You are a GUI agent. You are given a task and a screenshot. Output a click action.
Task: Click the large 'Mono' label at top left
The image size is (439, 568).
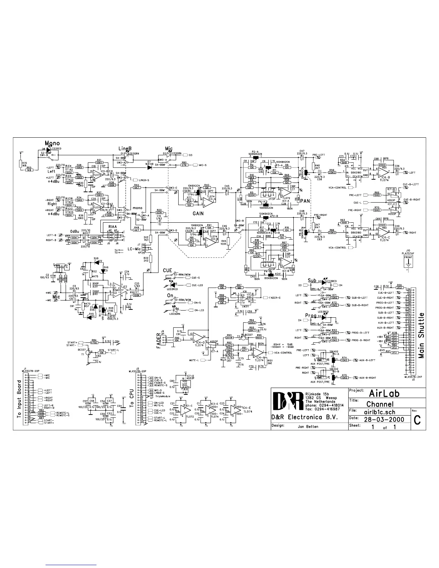pos(52,143)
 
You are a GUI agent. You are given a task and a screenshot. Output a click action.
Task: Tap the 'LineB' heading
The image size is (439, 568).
pos(126,148)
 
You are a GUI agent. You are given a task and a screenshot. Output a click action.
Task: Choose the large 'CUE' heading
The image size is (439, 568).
pos(167,270)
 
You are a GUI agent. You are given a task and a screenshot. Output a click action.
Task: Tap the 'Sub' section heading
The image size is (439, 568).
pos(312,280)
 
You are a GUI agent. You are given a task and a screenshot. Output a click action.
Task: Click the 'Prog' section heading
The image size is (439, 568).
pos(311,316)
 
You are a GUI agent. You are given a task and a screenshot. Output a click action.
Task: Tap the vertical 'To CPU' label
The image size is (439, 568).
pos(132,397)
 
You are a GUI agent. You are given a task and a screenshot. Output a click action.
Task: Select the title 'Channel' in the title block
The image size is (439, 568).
pos(380,404)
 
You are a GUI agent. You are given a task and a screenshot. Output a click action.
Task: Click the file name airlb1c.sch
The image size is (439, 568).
pos(379,412)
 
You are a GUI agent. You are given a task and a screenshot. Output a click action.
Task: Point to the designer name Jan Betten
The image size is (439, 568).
pos(308,427)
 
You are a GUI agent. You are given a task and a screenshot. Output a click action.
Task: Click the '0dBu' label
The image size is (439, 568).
pos(75,231)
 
